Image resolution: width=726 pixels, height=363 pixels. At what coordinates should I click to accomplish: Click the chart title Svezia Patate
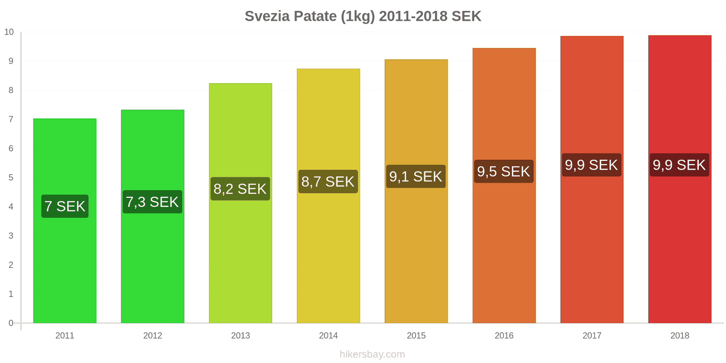(x=363, y=16)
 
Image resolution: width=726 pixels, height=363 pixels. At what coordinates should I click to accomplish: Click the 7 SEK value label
(x=65, y=206)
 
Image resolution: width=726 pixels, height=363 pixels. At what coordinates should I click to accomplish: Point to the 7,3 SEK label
(x=152, y=202)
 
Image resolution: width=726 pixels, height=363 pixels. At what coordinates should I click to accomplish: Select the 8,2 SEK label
(x=240, y=189)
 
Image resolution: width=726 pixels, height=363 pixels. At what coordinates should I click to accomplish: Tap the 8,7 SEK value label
(x=328, y=181)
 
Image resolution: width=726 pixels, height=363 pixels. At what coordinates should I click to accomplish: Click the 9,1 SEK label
(x=416, y=177)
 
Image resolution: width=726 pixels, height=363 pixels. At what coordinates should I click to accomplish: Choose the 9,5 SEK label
(x=504, y=172)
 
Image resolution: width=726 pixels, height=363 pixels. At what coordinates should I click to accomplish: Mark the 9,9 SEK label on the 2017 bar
(x=591, y=165)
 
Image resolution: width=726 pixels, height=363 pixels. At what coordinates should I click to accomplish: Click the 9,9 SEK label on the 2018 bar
(x=679, y=165)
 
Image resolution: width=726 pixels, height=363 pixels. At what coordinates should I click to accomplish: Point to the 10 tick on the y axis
(x=9, y=32)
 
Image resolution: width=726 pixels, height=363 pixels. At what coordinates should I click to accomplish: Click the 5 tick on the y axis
(x=11, y=177)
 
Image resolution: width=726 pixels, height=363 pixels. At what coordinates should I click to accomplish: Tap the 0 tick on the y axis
(x=11, y=323)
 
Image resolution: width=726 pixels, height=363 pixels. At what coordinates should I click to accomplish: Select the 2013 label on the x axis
(x=240, y=336)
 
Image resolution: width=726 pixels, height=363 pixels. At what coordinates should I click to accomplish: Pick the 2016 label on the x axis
(x=504, y=336)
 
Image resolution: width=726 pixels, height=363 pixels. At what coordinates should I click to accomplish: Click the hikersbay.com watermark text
(x=372, y=354)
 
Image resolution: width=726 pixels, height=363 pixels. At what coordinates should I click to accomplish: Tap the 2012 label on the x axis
(x=152, y=336)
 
